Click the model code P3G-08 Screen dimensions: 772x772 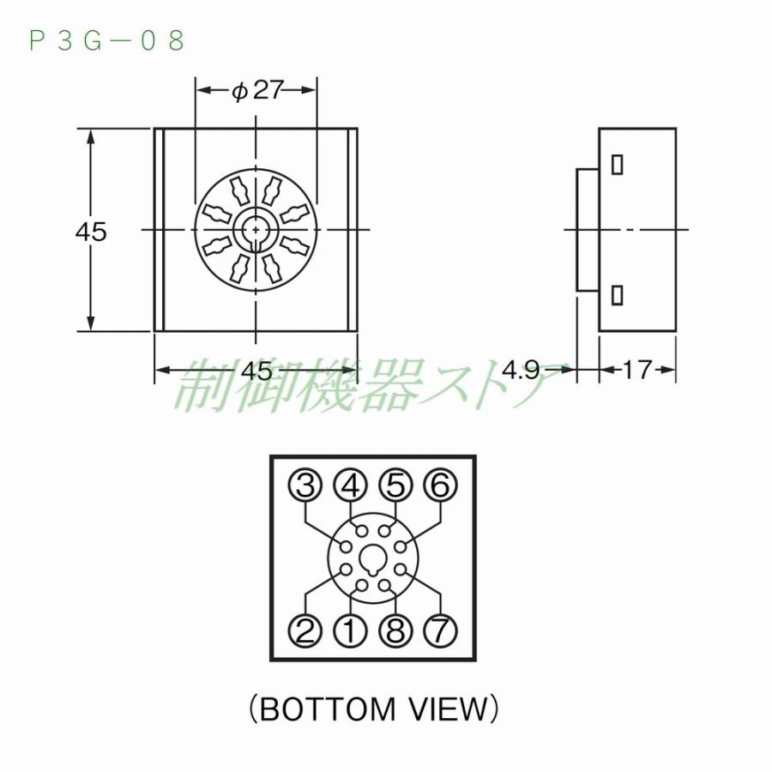coord(107,40)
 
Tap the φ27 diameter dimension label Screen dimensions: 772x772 coord(257,90)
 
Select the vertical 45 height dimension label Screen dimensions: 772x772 coord(91,231)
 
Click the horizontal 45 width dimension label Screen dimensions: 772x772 coord(256,371)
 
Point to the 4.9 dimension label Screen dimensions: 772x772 coord(521,371)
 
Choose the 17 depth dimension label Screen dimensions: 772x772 coord(637,371)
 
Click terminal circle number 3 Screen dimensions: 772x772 coord(305,486)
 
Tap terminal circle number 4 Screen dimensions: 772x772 coord(350,486)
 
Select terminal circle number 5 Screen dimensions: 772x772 coord(395,486)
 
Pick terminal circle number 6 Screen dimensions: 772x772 coord(440,486)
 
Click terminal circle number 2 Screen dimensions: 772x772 coord(305,631)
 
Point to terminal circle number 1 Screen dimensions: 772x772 coord(350,631)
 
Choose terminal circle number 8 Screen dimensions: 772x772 coord(395,631)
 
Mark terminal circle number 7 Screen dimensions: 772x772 coord(440,631)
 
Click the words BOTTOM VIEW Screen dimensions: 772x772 coord(373,709)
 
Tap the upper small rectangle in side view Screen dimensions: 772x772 coord(616,165)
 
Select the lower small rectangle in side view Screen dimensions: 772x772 coord(616,295)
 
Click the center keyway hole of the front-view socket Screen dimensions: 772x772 coord(256,230)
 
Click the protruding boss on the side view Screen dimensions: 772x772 coord(587,230)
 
